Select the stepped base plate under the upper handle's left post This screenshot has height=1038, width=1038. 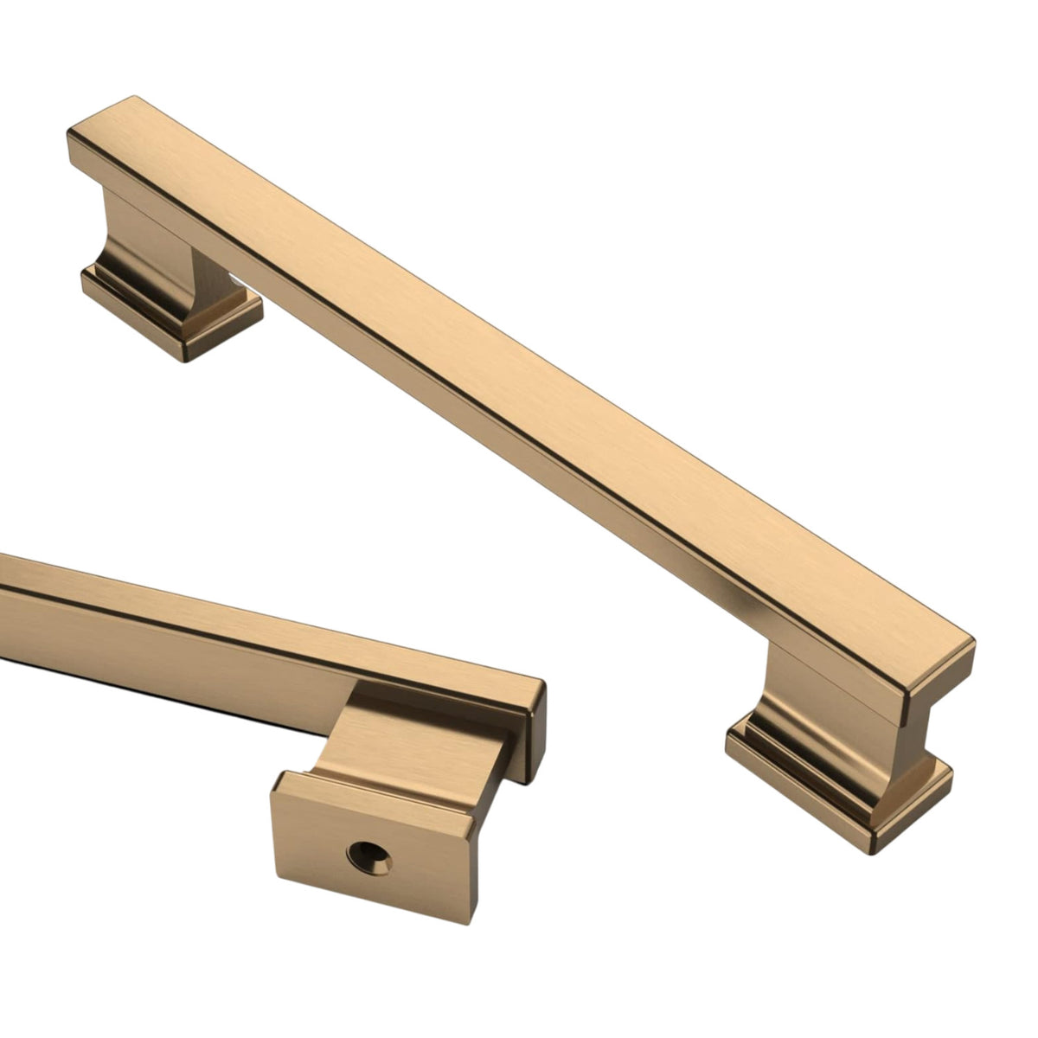pos(169,311)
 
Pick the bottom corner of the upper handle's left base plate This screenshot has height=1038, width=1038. pos(183,360)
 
